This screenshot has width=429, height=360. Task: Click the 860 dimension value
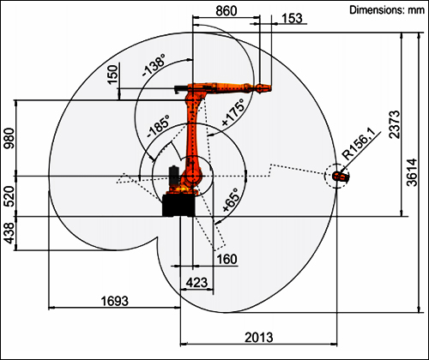227,11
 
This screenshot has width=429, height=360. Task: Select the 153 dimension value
292,18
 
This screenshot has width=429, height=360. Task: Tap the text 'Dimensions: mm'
387,10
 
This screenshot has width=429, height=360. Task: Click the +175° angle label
233,112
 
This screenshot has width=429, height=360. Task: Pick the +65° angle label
231,201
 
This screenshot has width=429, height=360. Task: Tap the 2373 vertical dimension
395,124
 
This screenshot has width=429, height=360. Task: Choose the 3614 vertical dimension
412,172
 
